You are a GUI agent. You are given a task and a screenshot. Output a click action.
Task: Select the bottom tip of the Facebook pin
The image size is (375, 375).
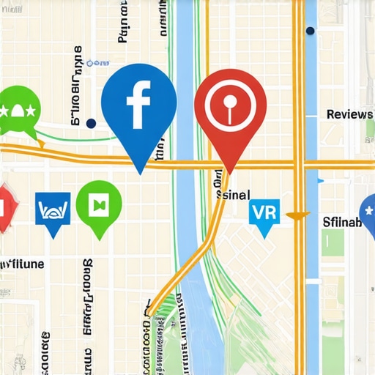click(x=140, y=174)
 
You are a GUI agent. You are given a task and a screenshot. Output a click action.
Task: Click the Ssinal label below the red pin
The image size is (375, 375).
click(x=233, y=195)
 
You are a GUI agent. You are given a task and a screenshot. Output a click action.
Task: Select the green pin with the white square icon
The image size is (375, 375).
click(x=97, y=205)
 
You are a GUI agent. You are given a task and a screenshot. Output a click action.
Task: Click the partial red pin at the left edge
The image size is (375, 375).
click(x=4, y=207)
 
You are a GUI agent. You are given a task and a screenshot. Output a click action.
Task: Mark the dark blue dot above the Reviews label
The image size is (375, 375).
click(x=311, y=31)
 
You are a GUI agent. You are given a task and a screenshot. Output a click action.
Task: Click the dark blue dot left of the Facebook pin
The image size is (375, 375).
click(x=91, y=124)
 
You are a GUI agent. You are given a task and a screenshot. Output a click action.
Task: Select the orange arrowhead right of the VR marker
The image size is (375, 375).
click(x=294, y=216)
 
